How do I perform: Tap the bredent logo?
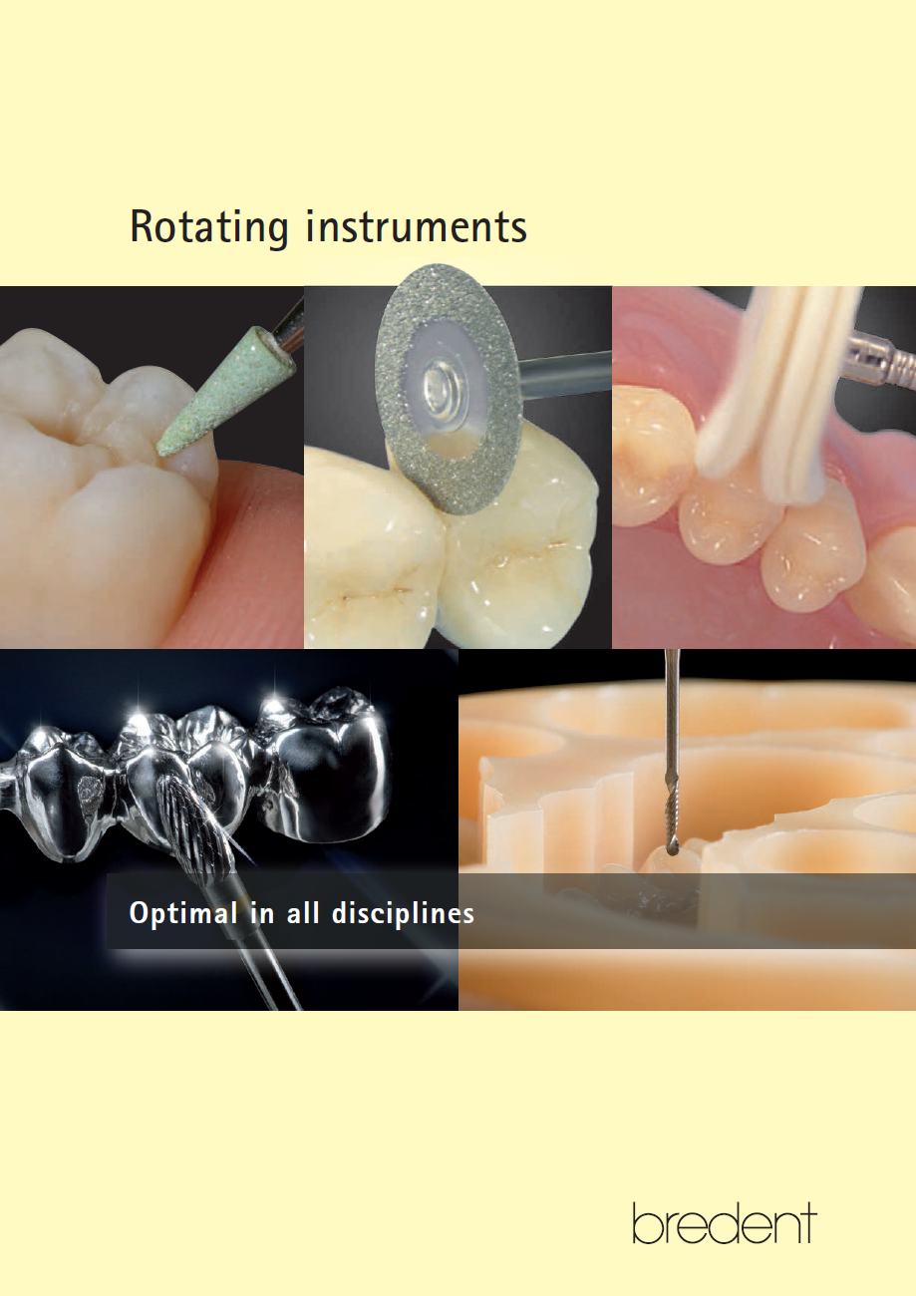[724, 1223]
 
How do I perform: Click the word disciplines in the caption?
[409, 913]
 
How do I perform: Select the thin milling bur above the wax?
[672, 738]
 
